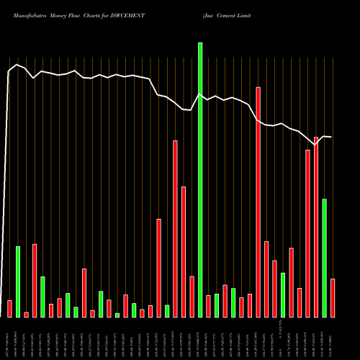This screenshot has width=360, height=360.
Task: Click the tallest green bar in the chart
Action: point(200,180)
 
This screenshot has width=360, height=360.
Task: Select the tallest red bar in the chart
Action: point(258,202)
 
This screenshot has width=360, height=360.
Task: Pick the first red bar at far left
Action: point(9,308)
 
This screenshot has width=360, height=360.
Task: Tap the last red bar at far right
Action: point(333,297)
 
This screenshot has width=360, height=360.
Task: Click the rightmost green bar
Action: point(324,258)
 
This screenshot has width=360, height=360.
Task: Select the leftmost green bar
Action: point(18,281)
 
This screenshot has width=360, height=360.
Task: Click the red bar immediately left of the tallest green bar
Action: point(192,296)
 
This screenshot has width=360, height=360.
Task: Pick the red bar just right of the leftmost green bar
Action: point(26,314)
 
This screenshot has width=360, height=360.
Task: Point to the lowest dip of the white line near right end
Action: point(315,145)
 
